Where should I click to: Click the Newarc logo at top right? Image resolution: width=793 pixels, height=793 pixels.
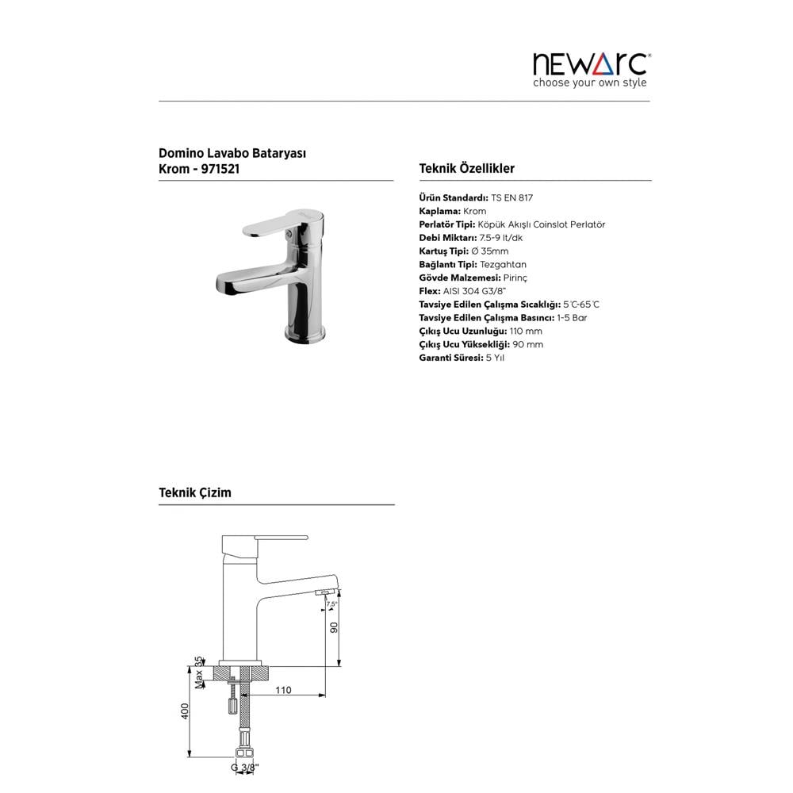coord(589,63)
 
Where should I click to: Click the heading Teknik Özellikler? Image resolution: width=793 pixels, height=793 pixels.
coord(466,168)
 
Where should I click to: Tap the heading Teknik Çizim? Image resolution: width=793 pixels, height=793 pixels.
coord(195,492)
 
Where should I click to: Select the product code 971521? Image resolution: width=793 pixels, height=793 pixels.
coord(216,168)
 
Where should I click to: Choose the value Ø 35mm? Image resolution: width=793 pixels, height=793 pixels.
coord(489,251)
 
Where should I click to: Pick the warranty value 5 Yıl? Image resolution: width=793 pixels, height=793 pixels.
coord(495,358)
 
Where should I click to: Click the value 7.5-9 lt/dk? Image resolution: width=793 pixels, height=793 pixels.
coord(500,238)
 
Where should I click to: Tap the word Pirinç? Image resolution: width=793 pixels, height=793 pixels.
coord(515,278)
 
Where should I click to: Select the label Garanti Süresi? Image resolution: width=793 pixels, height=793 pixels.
coord(450,358)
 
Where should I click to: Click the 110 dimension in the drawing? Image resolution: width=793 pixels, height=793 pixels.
coord(283,690)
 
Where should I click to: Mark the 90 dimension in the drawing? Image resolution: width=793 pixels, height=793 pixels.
coord(335,626)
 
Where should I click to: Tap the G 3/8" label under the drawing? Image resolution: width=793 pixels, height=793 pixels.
coord(245,768)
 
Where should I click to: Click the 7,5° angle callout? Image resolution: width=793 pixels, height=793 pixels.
coord(331,604)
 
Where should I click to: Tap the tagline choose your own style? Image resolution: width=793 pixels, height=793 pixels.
coord(589,83)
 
